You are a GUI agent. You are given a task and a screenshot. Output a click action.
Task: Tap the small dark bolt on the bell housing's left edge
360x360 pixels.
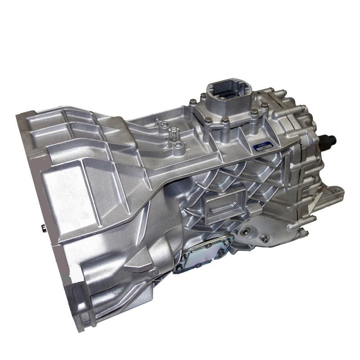[x=44, y=228]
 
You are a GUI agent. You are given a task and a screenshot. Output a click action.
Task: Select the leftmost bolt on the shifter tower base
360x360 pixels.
[x=192, y=102]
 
